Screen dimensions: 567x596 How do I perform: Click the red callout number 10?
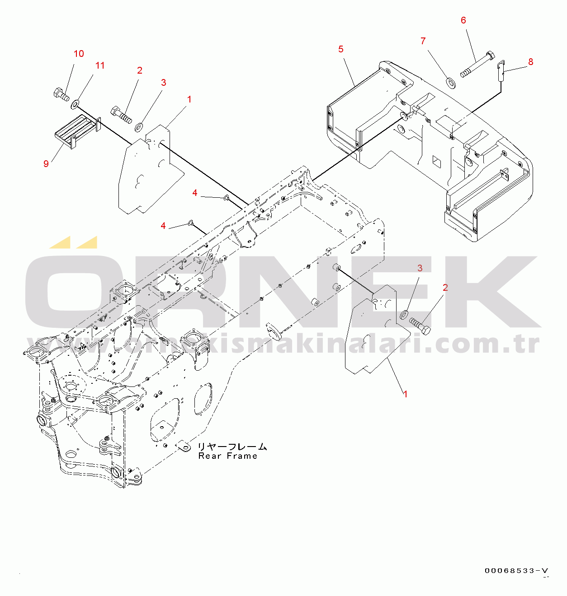pyautogui.click(x=79, y=54)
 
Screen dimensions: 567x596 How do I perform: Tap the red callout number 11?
pyautogui.click(x=100, y=65)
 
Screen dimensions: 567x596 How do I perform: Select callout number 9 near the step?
pyautogui.click(x=46, y=164)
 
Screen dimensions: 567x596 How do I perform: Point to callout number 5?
pyautogui.click(x=341, y=49)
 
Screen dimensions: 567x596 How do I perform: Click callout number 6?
pyautogui.click(x=463, y=20)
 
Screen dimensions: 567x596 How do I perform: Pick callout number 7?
pyautogui.click(x=423, y=41)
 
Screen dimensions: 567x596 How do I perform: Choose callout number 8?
pyautogui.click(x=530, y=62)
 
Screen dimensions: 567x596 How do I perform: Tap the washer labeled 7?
pyautogui.click(x=450, y=83)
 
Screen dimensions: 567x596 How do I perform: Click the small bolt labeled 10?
pyautogui.click(x=61, y=94)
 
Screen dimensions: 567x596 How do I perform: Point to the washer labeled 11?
pyautogui.click(x=75, y=105)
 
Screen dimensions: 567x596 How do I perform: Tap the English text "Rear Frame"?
pyautogui.click(x=228, y=456)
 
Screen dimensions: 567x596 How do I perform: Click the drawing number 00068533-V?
pyautogui.click(x=516, y=571)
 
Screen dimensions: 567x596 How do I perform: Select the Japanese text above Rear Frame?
pyautogui.click(x=232, y=447)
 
